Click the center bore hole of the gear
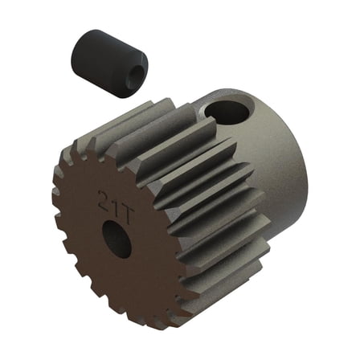119,239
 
